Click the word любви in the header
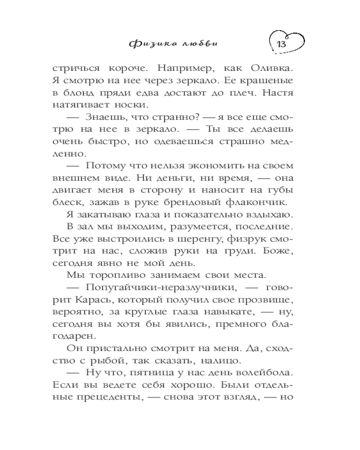[x=205, y=44]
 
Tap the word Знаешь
[x=104, y=118]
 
